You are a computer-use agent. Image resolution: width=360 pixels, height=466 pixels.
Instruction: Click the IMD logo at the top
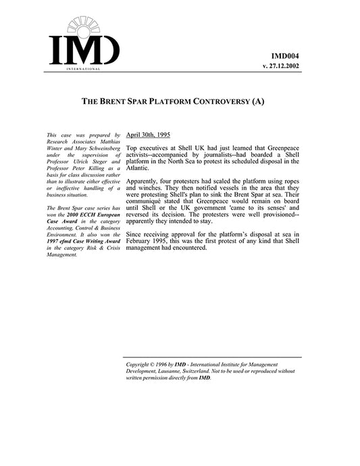pos(84,41)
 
